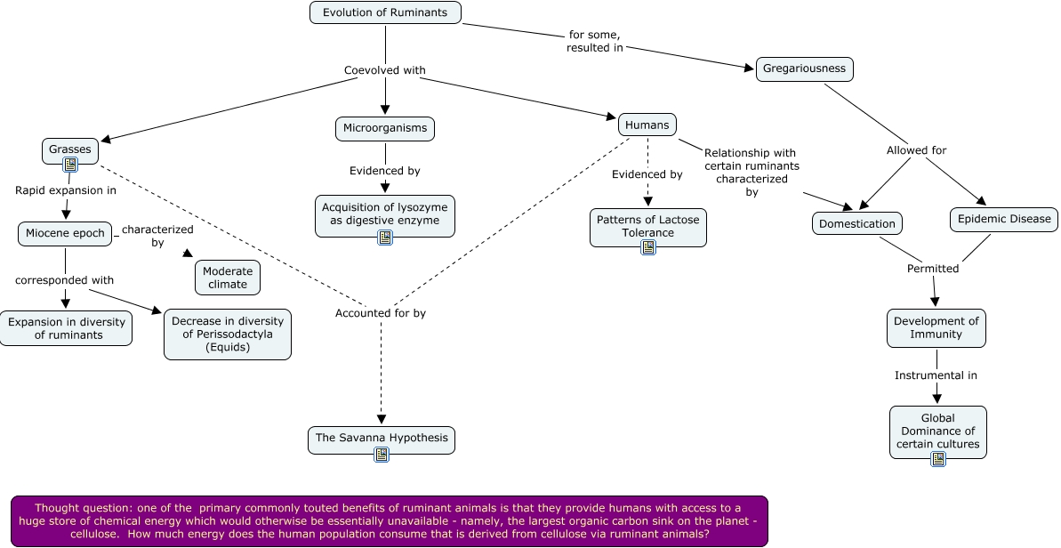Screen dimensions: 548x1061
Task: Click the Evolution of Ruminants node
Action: coord(385,12)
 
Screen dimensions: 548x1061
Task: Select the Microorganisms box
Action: coord(385,128)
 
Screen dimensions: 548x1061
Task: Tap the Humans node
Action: coord(647,125)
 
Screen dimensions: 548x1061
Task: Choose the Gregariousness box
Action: coord(805,69)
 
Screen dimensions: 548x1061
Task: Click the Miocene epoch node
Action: coord(66,234)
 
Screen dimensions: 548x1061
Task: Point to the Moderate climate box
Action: coord(228,278)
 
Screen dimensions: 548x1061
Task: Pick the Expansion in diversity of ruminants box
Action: coord(67,328)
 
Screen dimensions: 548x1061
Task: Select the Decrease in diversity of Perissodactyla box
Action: coord(228,334)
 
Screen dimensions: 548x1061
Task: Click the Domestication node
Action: coord(857,223)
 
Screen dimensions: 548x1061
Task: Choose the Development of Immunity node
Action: coord(936,327)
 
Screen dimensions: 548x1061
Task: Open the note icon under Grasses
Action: coord(70,165)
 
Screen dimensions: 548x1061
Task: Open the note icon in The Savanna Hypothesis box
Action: coord(382,455)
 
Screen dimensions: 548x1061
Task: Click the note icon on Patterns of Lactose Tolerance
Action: coord(648,247)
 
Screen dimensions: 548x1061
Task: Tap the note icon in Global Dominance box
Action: coord(937,459)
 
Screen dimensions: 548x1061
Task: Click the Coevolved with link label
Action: coord(385,70)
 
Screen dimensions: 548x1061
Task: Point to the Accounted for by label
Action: coord(381,313)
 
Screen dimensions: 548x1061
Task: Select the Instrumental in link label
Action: coord(936,375)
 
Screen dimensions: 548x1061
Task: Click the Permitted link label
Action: coord(933,268)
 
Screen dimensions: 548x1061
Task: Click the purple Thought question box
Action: coord(390,520)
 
